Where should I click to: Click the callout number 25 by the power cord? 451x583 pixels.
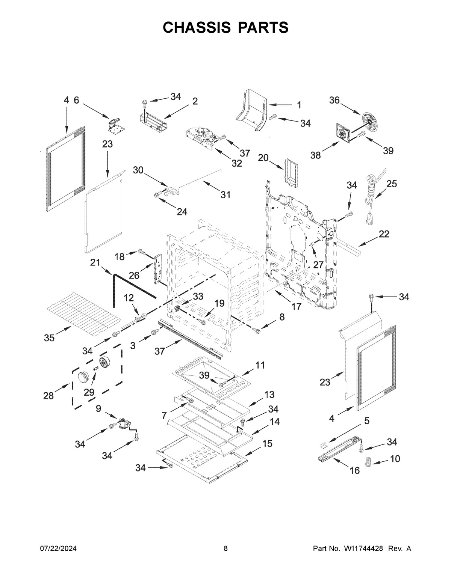tap(391, 184)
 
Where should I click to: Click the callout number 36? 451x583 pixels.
tap(334, 100)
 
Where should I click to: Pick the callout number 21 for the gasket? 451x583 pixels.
tap(95, 262)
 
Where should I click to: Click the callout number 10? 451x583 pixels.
tap(395, 458)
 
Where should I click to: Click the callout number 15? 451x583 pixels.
tap(267, 443)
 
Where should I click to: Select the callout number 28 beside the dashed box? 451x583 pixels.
tap(48, 395)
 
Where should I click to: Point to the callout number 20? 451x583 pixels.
tap(263, 158)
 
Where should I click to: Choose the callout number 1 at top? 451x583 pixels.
tap(299, 105)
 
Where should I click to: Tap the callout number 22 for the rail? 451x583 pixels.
tap(384, 234)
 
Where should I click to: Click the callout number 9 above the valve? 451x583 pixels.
tap(98, 408)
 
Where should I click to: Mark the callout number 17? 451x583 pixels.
tap(296, 306)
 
